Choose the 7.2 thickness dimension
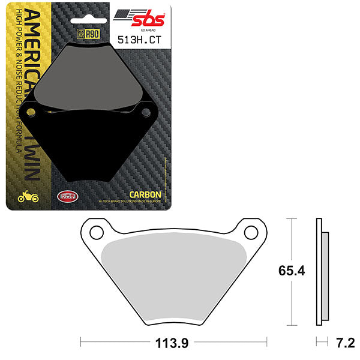[345, 344]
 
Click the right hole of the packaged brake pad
[145, 112]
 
